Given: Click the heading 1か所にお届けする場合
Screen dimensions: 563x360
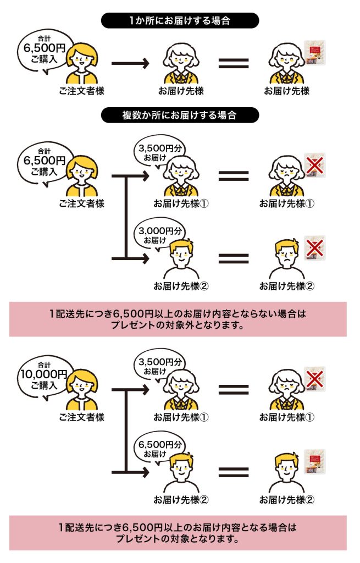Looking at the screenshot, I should click(180, 21).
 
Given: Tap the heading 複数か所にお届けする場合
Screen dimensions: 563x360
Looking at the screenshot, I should click(180, 115).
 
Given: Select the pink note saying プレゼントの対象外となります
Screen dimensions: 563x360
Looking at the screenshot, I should click(178, 319).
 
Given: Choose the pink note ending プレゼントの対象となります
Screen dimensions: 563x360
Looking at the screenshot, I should click(178, 533).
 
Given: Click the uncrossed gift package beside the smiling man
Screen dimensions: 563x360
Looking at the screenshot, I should click(315, 461).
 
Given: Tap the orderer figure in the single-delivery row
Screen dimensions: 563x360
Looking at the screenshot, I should click(82, 63).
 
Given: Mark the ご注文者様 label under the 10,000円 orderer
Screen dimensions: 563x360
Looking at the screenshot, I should click(82, 417).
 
